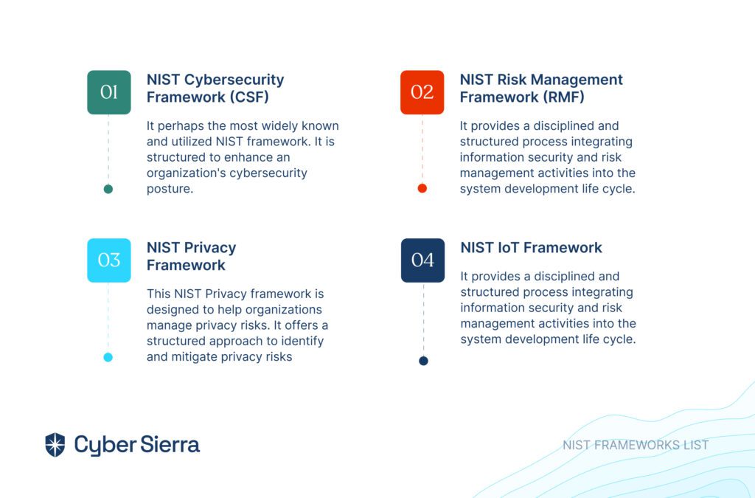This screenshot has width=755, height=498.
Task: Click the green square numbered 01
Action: (x=109, y=92)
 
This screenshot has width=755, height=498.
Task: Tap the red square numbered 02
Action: (x=422, y=92)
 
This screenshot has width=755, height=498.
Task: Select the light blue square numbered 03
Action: (x=109, y=260)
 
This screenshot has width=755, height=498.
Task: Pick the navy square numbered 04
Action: (x=422, y=260)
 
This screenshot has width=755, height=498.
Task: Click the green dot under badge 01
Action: (x=108, y=189)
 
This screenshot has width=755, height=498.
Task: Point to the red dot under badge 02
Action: (x=422, y=188)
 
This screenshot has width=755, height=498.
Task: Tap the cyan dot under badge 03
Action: (x=108, y=357)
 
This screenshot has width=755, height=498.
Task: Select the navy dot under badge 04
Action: (x=423, y=361)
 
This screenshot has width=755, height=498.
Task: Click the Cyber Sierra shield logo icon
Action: (x=55, y=445)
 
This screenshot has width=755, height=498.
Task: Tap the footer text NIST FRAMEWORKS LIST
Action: (x=636, y=445)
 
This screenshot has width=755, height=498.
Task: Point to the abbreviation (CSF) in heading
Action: (x=249, y=97)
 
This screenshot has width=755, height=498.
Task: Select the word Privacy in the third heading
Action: (x=211, y=248)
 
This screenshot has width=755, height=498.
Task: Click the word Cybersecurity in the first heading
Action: (x=234, y=80)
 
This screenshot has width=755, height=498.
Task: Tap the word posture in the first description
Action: (x=170, y=189)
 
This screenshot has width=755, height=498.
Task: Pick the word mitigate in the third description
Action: (x=198, y=357)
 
